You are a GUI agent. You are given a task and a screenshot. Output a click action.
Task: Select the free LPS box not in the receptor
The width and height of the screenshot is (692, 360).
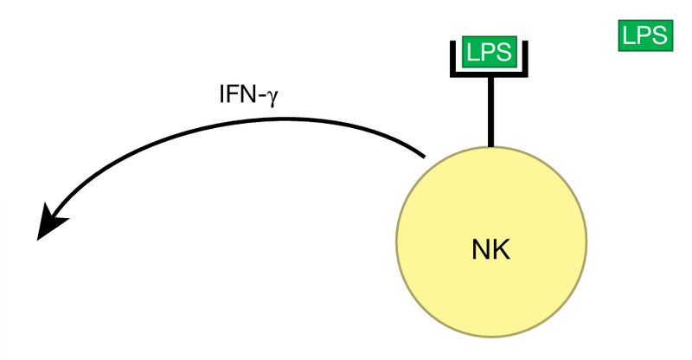point(644,35)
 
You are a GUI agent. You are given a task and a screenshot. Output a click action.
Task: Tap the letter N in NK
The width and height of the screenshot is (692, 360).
point(482,251)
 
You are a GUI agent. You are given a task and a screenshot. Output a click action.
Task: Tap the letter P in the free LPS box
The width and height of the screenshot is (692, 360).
point(643,35)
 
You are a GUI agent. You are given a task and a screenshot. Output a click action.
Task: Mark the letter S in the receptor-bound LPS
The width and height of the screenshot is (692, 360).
point(504,53)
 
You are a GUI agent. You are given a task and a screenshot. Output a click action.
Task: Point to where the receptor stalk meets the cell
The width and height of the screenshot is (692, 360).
point(491,146)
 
